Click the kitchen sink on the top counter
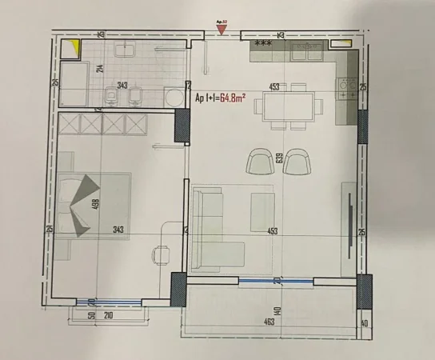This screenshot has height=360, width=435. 306,53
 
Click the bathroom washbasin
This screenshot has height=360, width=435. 126,50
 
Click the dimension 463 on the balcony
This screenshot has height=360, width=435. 268,322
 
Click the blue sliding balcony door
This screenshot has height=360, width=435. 276,280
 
